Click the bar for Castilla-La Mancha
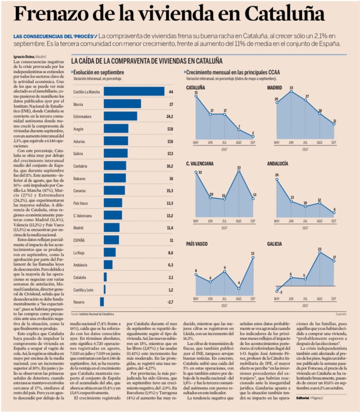click(x=134, y=91)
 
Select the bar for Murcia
click(x=122, y=104)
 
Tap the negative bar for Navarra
click(x=102, y=302)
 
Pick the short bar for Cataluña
click(x=105, y=277)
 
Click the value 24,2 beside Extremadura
click(x=170, y=117)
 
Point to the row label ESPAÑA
click(x=79, y=240)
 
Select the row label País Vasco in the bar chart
click(x=81, y=203)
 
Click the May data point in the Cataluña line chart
click(x=196, y=96)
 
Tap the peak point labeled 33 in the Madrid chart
click(x=291, y=91)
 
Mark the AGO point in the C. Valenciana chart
click(x=239, y=170)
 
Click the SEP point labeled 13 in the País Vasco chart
click(x=253, y=257)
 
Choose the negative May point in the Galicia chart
click(x=277, y=291)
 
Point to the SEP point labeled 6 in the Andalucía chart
click(x=334, y=213)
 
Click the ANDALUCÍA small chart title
click(x=278, y=164)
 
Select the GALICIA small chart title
click(x=275, y=244)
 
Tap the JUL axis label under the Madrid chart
click(x=305, y=142)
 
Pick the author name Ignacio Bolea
click(x=24, y=57)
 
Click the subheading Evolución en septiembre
click(x=98, y=72)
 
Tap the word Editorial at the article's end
click(x=302, y=398)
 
